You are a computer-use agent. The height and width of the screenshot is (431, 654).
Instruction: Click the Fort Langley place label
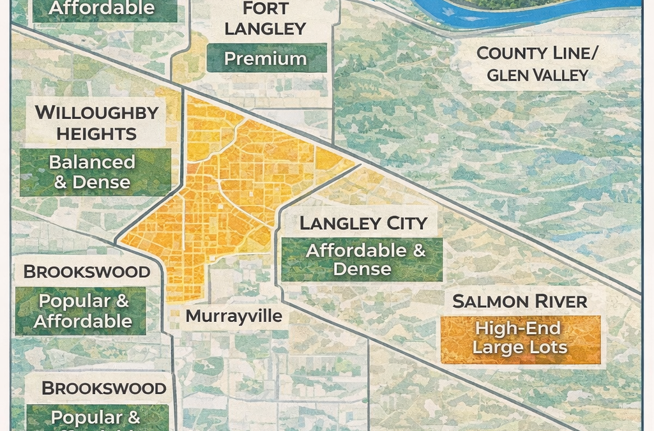tap(265, 19)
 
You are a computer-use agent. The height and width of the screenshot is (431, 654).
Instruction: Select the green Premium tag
tap(265, 59)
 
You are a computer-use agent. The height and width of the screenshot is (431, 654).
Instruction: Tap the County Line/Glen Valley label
tap(537, 64)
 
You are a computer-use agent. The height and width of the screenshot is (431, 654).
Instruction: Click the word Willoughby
tap(96, 113)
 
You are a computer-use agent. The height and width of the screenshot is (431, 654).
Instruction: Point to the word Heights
tap(96, 134)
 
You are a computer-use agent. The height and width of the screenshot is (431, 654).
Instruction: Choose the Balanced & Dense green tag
tap(93, 172)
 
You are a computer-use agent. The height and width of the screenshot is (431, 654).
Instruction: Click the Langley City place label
tap(363, 223)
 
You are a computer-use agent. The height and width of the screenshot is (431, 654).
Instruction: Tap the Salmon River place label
tap(519, 301)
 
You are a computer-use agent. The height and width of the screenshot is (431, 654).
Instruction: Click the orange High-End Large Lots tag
tap(521, 338)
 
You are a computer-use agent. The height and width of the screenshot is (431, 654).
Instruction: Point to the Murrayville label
tap(234, 316)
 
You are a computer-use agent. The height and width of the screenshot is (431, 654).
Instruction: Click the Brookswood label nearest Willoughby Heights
tap(87, 271)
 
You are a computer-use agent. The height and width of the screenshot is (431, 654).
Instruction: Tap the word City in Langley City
tap(401, 223)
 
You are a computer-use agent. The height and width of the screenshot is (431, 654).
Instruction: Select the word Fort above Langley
tap(265, 9)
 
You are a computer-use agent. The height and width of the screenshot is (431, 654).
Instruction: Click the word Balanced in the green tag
tap(93, 162)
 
